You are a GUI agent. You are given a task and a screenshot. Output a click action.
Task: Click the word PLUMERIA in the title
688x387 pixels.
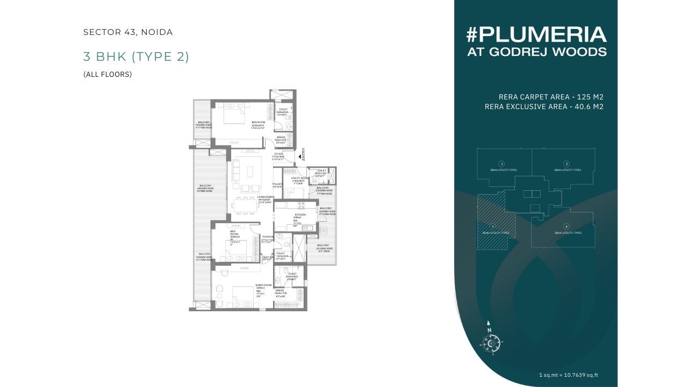[543, 35]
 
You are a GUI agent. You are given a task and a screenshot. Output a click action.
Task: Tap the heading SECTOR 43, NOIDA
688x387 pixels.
[128, 32]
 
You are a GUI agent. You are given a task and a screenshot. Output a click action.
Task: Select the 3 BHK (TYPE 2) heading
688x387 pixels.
[136, 56]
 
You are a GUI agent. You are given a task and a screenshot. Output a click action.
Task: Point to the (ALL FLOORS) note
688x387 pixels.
[107, 75]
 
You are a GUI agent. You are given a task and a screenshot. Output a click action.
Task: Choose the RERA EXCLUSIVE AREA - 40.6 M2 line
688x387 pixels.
[544, 107]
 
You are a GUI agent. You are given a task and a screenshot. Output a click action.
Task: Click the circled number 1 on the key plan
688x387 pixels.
[501, 163]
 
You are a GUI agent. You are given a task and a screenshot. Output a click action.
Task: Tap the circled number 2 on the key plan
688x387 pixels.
[567, 163]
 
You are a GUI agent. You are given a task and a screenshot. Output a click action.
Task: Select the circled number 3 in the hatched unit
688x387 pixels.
[492, 226]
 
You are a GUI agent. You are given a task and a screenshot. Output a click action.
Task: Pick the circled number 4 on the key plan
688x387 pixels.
[567, 226]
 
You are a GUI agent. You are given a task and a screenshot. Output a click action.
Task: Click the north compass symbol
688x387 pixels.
[490, 340]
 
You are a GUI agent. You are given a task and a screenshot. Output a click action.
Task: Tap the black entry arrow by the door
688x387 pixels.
[299, 156]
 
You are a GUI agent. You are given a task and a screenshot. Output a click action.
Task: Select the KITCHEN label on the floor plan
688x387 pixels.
[300, 214]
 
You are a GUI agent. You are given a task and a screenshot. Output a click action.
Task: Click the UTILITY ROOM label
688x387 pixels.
[299, 178]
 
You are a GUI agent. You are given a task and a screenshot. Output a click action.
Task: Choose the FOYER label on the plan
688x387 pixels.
[278, 154]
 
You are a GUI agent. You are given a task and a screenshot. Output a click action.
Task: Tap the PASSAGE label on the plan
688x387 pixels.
[268, 236]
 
